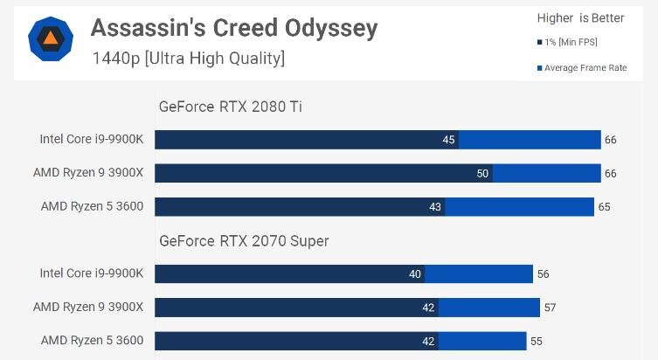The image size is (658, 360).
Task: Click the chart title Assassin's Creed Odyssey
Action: point(234,28)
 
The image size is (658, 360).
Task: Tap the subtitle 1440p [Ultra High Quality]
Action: point(188,59)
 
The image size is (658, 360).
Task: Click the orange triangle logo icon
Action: point(51,38)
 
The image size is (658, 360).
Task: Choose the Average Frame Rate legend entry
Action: point(582,68)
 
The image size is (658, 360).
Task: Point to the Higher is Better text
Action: point(581,18)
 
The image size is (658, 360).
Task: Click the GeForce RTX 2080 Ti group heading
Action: point(231,107)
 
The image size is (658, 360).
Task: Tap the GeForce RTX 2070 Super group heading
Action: point(244,241)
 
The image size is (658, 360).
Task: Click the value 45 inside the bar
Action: point(448,140)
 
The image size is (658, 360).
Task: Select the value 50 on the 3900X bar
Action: point(482,173)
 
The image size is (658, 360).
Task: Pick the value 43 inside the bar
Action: point(435,207)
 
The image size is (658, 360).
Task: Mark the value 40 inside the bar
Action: point(414,274)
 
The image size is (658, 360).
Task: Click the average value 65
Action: point(604,207)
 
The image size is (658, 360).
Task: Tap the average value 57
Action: point(550,308)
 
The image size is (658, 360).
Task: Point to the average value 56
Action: point(543,274)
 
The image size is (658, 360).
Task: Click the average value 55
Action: point(536,341)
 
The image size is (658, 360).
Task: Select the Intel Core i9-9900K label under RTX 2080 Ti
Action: point(92,139)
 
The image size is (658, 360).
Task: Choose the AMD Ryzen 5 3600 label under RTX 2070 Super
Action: point(92,340)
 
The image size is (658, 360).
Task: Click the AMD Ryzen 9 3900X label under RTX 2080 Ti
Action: point(88,172)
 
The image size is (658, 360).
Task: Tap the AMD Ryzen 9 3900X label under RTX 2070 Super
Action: point(88,307)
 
